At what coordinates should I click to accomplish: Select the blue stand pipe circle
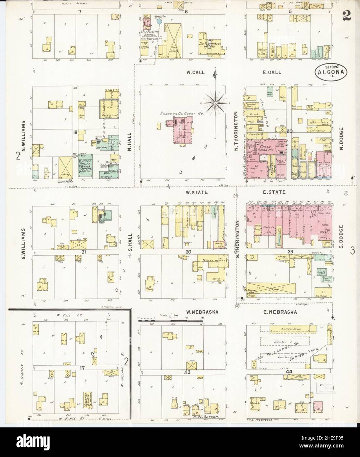pos(159,21)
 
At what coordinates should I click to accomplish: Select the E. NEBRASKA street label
pos(275,312)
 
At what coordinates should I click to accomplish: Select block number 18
pos(75,132)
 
